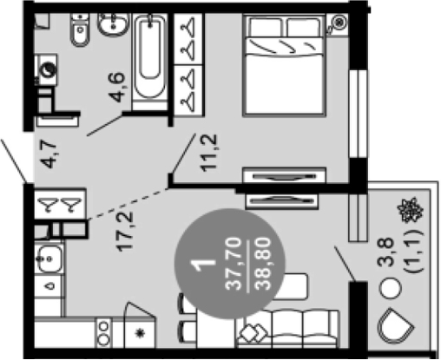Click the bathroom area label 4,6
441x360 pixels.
pos(118,87)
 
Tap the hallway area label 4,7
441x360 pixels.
pos(49,154)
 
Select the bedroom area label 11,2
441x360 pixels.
pos(209,153)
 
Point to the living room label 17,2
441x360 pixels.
pos(125,232)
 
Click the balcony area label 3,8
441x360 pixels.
pos(385,252)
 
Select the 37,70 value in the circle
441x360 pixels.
pos(234,264)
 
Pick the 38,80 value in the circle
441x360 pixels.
pos(262,264)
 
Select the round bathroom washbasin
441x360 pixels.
pos(113,24)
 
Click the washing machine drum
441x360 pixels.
pos(49,69)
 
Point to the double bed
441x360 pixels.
pos(285,65)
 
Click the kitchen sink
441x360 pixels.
pos(49,259)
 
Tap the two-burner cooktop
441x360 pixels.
pos(103,332)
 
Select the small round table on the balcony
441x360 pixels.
pos(391,288)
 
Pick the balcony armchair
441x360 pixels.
pos(395,326)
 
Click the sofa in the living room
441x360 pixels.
pos(288,329)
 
